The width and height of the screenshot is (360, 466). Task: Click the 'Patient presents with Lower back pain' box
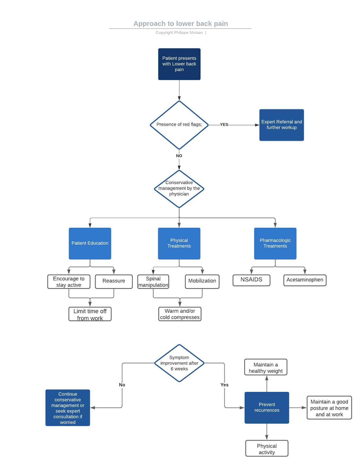point(179,64)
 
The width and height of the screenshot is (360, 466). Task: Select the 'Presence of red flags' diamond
point(179,125)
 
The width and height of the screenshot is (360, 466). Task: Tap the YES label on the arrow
point(224,124)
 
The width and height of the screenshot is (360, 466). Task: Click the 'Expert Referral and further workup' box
point(281,125)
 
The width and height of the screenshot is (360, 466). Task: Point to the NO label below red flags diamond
point(179,156)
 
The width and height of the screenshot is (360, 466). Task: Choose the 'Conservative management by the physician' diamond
point(179,189)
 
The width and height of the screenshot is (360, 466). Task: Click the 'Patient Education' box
point(90,243)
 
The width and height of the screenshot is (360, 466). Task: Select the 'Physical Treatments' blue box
point(179,243)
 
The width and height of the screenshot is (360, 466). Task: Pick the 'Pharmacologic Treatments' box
point(275,243)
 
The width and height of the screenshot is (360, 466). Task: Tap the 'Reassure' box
point(114,281)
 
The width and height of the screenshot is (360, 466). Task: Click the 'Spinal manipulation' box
point(153,282)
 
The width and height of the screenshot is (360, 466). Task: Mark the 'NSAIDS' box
point(251,280)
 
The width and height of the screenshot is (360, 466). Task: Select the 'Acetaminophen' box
point(305,280)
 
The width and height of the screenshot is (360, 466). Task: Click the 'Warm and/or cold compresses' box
point(180,314)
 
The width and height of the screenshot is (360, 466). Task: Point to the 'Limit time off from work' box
point(90,314)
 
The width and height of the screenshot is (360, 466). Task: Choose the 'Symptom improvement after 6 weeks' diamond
point(179,363)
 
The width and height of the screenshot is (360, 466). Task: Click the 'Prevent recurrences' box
point(267,407)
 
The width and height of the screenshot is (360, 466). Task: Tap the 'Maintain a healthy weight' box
point(265,368)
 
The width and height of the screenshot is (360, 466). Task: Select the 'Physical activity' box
point(267,449)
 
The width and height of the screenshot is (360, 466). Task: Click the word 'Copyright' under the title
point(164,33)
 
